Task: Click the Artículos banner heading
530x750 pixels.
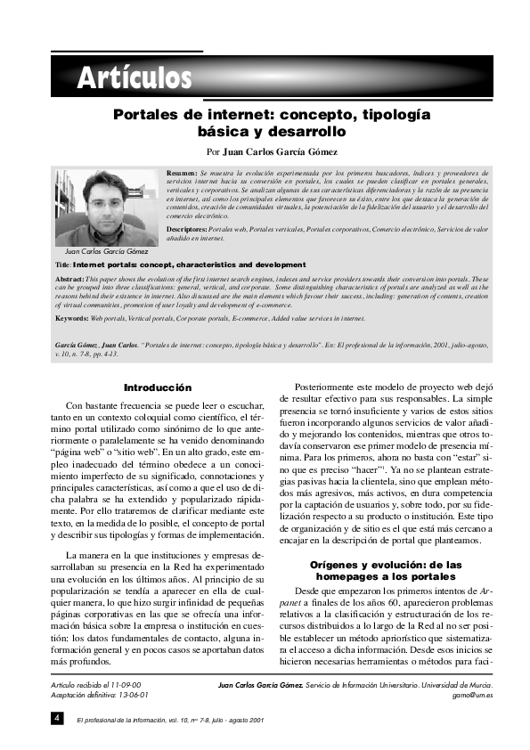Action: pyautogui.click(x=134, y=78)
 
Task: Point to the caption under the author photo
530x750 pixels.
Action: pyautogui.click(x=101, y=252)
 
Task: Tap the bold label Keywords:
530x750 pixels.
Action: pyautogui.click(x=71, y=318)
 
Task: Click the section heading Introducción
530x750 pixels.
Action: pyautogui.click(x=157, y=388)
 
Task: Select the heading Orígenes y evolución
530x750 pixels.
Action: pyautogui.click(x=385, y=565)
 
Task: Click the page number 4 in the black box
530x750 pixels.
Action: pyautogui.click(x=56, y=717)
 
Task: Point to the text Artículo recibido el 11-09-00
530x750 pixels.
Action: pyautogui.click(x=97, y=684)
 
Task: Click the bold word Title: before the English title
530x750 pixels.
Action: pyautogui.click(x=62, y=265)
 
